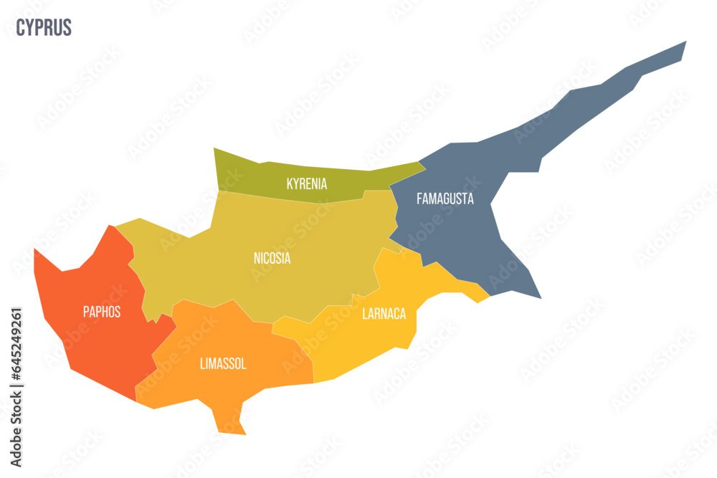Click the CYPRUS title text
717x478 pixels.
click(x=44, y=28)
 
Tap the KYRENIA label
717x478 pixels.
click(x=307, y=184)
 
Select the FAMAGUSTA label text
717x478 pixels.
click(x=445, y=199)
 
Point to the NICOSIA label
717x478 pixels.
click(x=272, y=258)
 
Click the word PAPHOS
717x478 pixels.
click(x=101, y=312)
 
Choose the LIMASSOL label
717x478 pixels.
click(x=223, y=364)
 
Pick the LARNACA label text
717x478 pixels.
click(x=384, y=313)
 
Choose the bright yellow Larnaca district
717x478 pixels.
click(x=358, y=344)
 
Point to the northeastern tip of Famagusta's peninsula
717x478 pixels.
click(x=683, y=44)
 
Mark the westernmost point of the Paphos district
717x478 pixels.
click(x=36, y=251)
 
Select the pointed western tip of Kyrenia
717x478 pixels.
click(x=215, y=150)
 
